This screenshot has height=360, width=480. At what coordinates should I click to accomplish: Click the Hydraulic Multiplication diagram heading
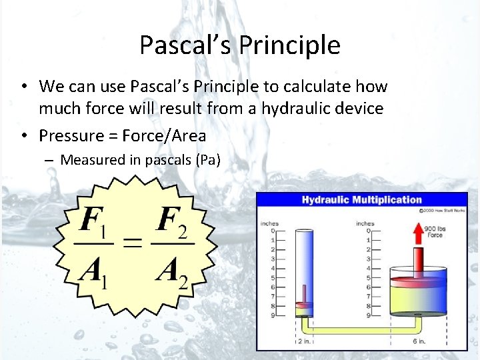tap(361, 200)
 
